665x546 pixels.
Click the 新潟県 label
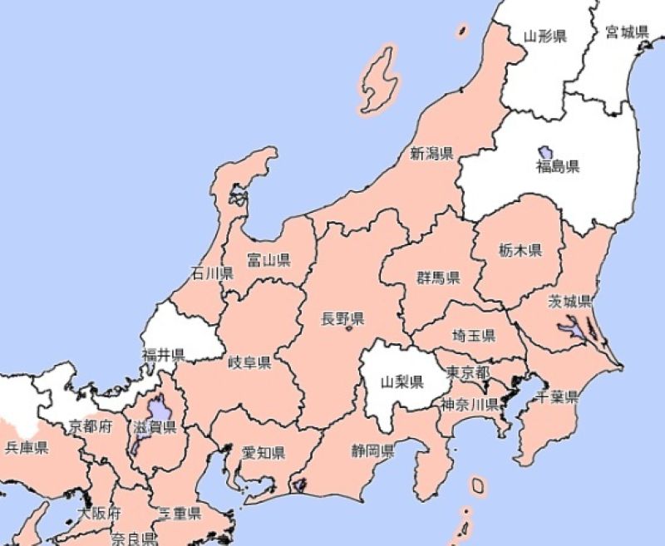pyautogui.click(x=431, y=153)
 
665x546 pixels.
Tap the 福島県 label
pyautogui.click(x=558, y=167)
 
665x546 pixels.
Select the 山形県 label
pyautogui.click(x=545, y=36)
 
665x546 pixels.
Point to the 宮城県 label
pyautogui.click(x=627, y=32)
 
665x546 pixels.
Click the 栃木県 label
pyautogui.click(x=520, y=250)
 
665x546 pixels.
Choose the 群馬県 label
pyautogui.click(x=439, y=277)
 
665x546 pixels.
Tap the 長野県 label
pyautogui.click(x=343, y=318)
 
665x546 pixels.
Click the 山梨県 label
pyautogui.click(x=402, y=382)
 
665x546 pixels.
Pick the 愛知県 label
pyautogui.click(x=264, y=453)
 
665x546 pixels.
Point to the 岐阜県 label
pyautogui.click(x=249, y=362)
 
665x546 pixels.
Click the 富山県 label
pyautogui.click(x=268, y=261)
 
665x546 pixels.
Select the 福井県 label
pyautogui.click(x=163, y=355)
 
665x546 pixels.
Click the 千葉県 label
pyautogui.click(x=558, y=397)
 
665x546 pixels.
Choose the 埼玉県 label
pyautogui.click(x=474, y=336)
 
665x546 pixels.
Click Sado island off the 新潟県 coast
pyautogui.click(x=378, y=79)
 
